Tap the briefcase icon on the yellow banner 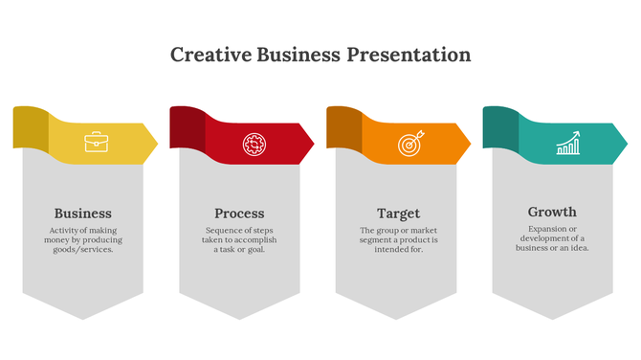[96, 144]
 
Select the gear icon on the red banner [254, 144]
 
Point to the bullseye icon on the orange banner [409, 144]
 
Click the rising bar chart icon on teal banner [568, 144]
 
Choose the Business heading [82, 214]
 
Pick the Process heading [239, 214]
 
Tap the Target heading [398, 214]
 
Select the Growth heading [552, 212]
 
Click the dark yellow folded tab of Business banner [31, 126]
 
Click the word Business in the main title [297, 55]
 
